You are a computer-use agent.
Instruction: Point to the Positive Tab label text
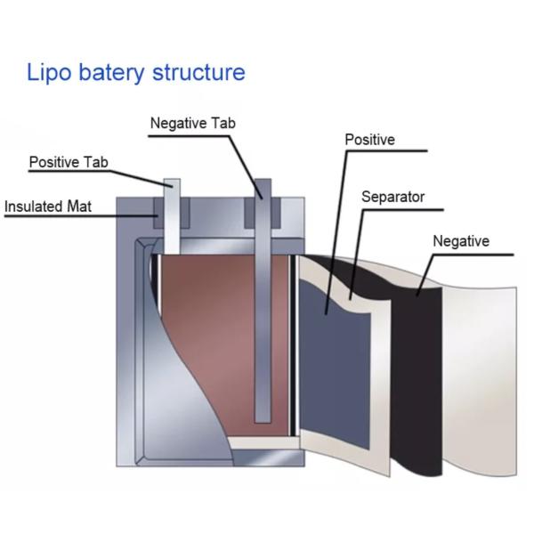click(x=69, y=163)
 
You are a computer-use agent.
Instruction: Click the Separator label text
click(x=392, y=197)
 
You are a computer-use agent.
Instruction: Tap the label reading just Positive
click(x=369, y=140)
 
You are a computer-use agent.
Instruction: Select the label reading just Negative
click(x=460, y=241)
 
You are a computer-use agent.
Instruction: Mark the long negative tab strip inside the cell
click(x=263, y=338)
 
